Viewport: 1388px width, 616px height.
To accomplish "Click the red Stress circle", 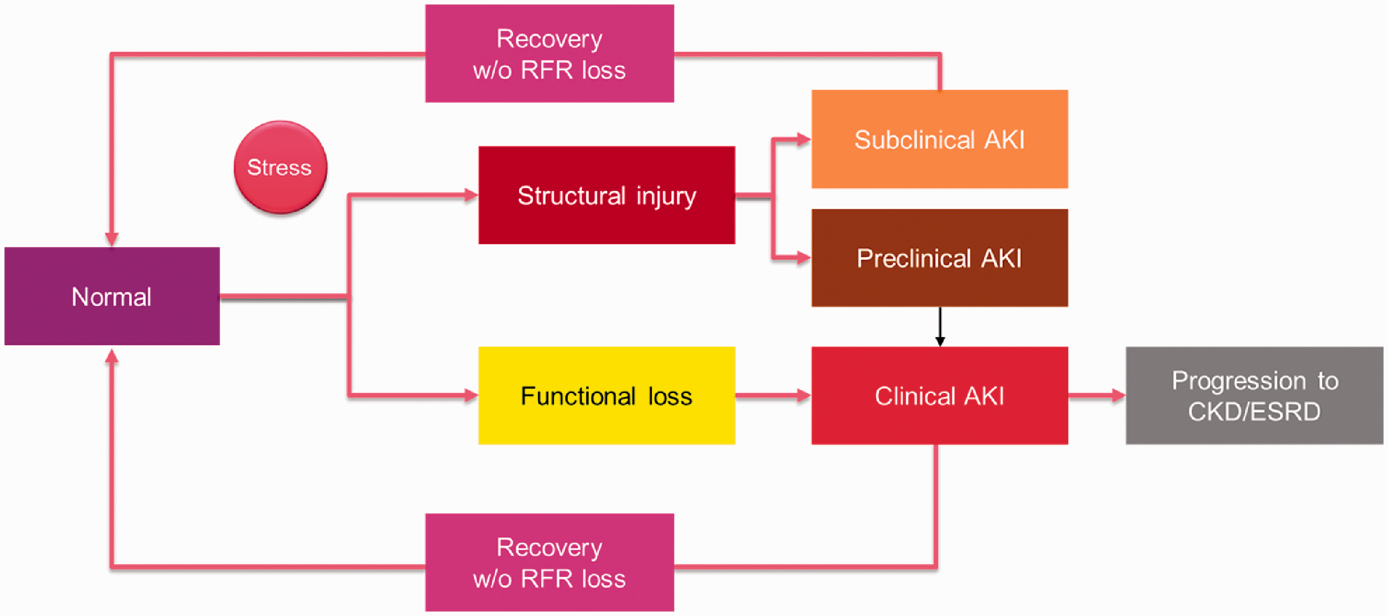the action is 280,167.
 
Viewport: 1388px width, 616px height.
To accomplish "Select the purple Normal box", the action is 112,296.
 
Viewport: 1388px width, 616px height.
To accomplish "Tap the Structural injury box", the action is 607,195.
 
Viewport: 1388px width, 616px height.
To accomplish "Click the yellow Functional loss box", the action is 607,395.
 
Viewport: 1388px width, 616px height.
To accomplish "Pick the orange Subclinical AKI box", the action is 939,139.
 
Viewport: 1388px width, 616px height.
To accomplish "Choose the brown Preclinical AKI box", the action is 939,258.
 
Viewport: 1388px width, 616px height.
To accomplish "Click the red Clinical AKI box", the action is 939,395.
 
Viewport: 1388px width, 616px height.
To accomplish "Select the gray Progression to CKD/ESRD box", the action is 1254,395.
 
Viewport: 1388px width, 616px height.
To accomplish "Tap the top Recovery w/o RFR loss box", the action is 550,53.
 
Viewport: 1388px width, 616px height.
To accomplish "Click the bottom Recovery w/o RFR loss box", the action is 550,562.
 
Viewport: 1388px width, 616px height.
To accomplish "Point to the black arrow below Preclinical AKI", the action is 940,327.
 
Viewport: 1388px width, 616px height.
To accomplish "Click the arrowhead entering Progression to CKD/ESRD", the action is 1118,395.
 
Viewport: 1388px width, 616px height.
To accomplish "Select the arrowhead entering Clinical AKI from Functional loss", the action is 804,395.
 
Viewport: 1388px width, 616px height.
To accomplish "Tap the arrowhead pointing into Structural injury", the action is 471,195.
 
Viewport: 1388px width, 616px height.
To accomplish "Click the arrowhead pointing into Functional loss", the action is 471,395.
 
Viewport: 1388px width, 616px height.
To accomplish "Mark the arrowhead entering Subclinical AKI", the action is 804,139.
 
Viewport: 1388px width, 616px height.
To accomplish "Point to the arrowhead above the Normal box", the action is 112,239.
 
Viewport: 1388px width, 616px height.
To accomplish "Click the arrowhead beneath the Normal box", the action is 112,356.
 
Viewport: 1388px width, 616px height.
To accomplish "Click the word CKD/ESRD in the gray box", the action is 1254,412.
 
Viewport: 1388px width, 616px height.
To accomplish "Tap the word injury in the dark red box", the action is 666,197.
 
